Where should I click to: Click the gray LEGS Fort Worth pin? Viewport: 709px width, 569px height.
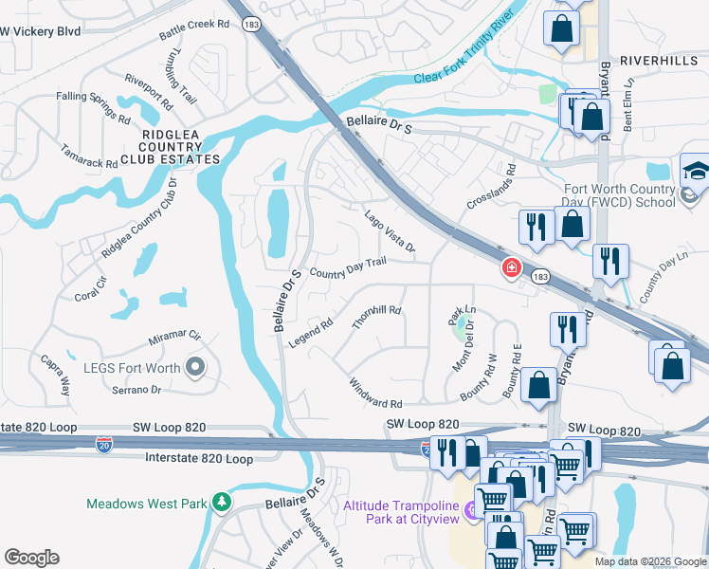point(196,366)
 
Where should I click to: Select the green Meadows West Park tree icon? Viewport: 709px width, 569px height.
point(221,500)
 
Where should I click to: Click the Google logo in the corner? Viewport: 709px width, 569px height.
point(31,558)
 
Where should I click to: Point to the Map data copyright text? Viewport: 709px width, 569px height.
point(650,561)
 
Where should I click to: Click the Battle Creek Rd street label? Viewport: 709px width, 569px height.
point(194,29)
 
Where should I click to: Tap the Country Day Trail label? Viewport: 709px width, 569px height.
point(348,268)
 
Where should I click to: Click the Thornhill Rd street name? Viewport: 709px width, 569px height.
point(376,317)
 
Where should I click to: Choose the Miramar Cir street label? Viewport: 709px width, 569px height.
point(174,337)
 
